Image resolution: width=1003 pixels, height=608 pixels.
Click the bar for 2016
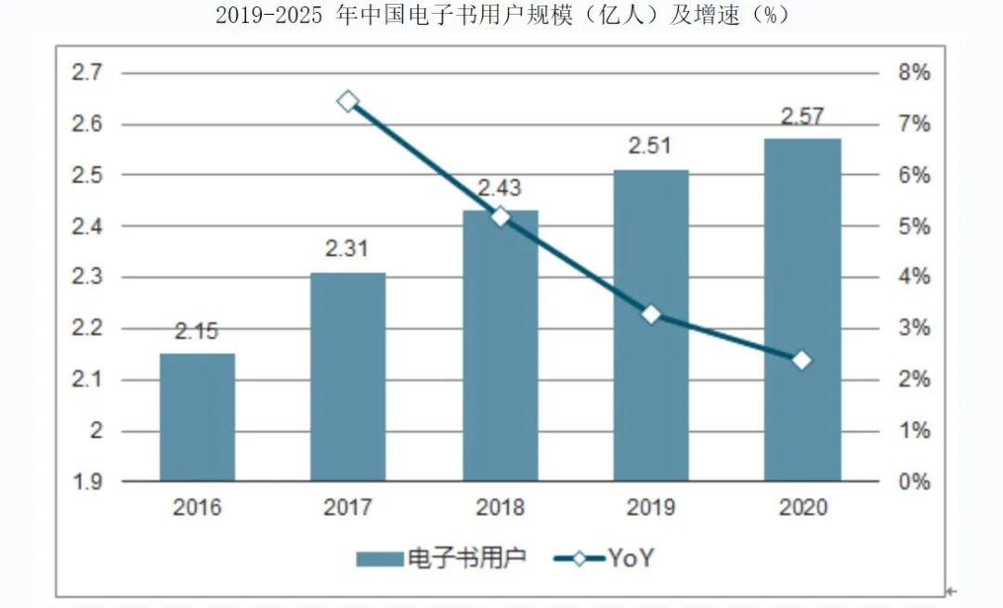(197, 417)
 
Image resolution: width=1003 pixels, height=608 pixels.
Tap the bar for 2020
(802, 310)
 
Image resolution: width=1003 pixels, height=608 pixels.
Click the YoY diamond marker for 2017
(348, 101)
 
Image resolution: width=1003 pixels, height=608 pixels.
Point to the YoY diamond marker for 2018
(501, 216)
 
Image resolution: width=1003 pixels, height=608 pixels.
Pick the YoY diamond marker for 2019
(652, 315)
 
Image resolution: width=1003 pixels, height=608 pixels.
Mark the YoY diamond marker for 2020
(802, 360)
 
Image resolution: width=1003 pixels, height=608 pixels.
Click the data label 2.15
(197, 332)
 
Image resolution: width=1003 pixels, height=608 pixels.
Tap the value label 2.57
(802, 117)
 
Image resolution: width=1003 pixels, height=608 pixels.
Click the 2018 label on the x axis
(500, 507)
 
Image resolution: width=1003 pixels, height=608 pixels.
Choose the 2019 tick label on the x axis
(651, 507)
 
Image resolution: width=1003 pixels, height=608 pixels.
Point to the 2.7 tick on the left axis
(87, 73)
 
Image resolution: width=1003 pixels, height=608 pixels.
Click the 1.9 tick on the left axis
(87, 482)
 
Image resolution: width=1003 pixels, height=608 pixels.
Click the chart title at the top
(501, 16)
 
